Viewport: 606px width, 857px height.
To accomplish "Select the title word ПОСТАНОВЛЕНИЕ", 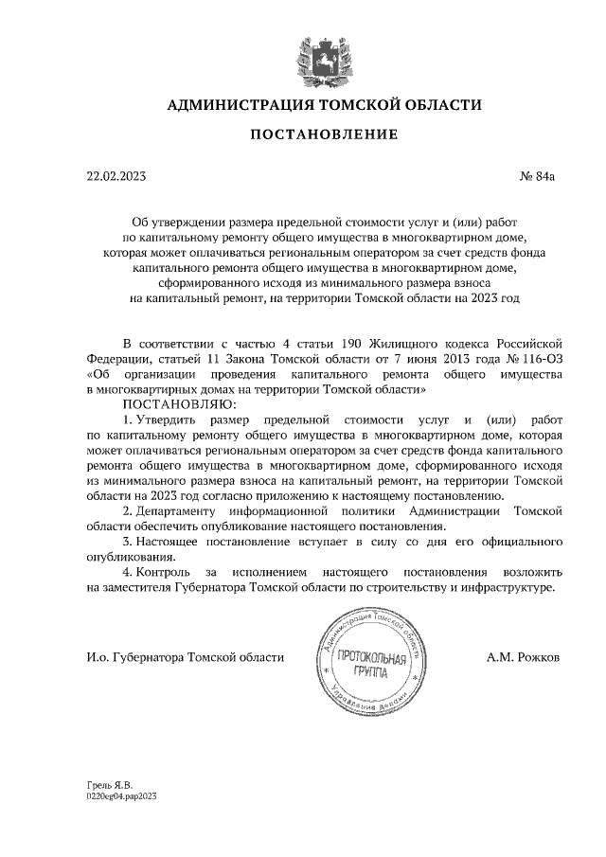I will point(324,136).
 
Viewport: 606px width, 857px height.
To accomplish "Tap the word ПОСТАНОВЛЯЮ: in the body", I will point(175,403).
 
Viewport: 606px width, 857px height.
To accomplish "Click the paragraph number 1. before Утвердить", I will point(129,419).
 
